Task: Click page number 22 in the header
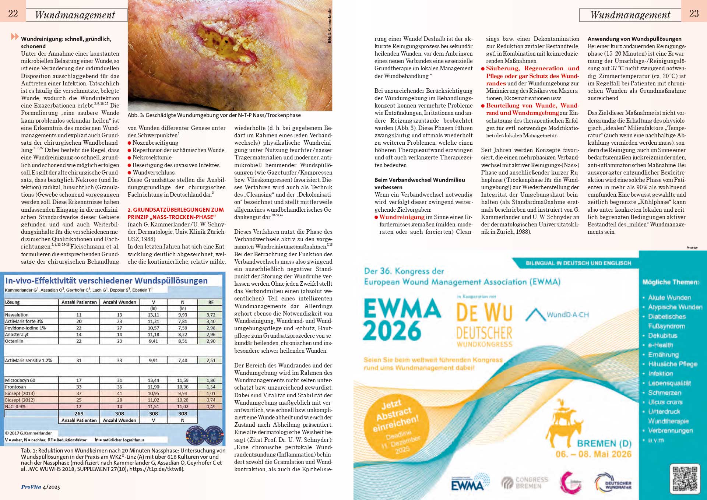click(x=13, y=14)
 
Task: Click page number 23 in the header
click(x=694, y=14)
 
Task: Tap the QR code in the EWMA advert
click(x=685, y=479)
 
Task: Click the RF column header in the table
click(x=211, y=302)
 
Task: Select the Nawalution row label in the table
click(x=17, y=315)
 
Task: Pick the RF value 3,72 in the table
click(x=211, y=315)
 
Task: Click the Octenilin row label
click(x=14, y=341)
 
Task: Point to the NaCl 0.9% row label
click(x=15, y=406)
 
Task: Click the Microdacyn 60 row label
click(x=20, y=380)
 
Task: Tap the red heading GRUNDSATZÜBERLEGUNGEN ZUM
click(x=176, y=209)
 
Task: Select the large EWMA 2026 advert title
click(x=401, y=319)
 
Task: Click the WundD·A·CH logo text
click(x=567, y=315)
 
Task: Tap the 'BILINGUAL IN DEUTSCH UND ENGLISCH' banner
click(x=578, y=263)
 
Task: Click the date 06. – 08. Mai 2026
click(x=593, y=454)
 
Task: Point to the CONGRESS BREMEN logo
click(x=525, y=483)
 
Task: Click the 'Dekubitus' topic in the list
click(x=662, y=335)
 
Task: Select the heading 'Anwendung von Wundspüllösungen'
click(x=634, y=39)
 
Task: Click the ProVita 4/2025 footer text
click(x=41, y=487)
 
